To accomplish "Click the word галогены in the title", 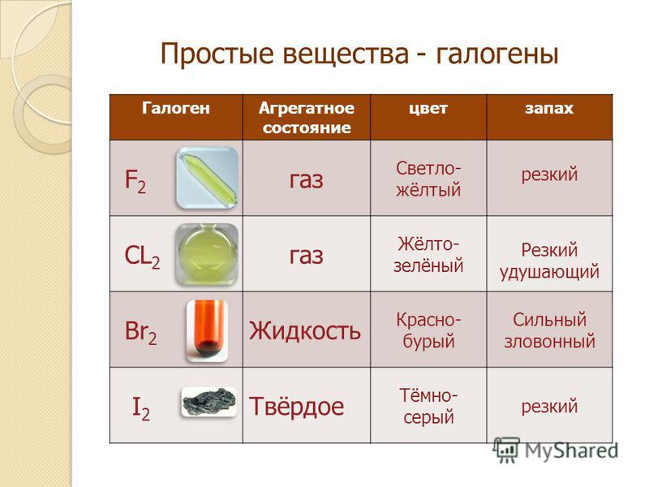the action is pos(497,54).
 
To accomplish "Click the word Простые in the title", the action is pos(217,54).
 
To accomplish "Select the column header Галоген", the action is pos(176,108).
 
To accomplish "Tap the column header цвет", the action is pos(428,109).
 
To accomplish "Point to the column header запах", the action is pos(549,109).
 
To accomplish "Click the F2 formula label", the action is pos(135,181).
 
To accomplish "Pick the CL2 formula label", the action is pos(142,256).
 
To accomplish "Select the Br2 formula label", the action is pos(140,332).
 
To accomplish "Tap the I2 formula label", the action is pos(140,408).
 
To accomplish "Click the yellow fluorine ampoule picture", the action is pos(207,178).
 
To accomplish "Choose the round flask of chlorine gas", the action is pos(207,254).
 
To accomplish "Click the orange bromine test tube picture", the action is pos(207,331).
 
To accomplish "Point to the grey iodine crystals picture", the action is pos(209,402).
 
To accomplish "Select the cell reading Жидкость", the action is pos(305,331).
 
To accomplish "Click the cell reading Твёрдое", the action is pos(296,407).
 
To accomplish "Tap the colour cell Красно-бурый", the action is pos(428,330).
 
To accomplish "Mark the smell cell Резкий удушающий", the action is pos(549,261).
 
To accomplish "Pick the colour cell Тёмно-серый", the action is pos(428,406).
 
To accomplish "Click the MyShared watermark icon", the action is pos(505,450).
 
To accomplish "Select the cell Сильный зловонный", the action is pos(549,330).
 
